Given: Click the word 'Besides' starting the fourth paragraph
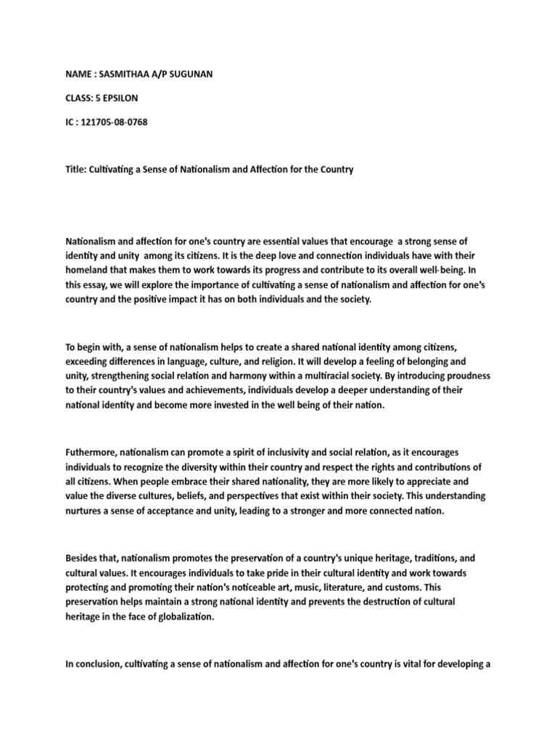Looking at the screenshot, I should pyautogui.click(x=83, y=559).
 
